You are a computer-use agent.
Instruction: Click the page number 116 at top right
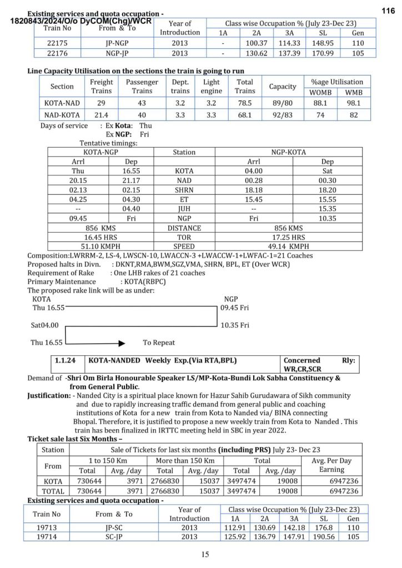coord(388,10)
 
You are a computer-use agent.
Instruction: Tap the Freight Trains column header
coord(102,86)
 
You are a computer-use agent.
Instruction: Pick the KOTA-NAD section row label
coord(62,103)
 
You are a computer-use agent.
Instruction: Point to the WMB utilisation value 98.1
coord(353,103)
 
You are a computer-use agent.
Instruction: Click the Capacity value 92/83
coord(282,115)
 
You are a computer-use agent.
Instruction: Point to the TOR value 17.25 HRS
coord(288,237)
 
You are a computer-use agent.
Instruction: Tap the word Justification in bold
coord(49,396)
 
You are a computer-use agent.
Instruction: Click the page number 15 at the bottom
coord(205,554)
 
